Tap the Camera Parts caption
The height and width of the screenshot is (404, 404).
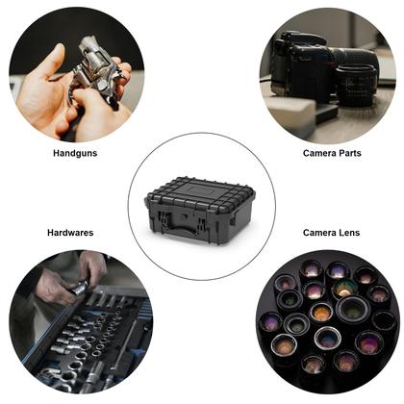coord(332,152)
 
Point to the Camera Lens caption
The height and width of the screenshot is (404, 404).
coord(331,232)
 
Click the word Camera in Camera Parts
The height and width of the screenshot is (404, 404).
coord(318,152)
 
